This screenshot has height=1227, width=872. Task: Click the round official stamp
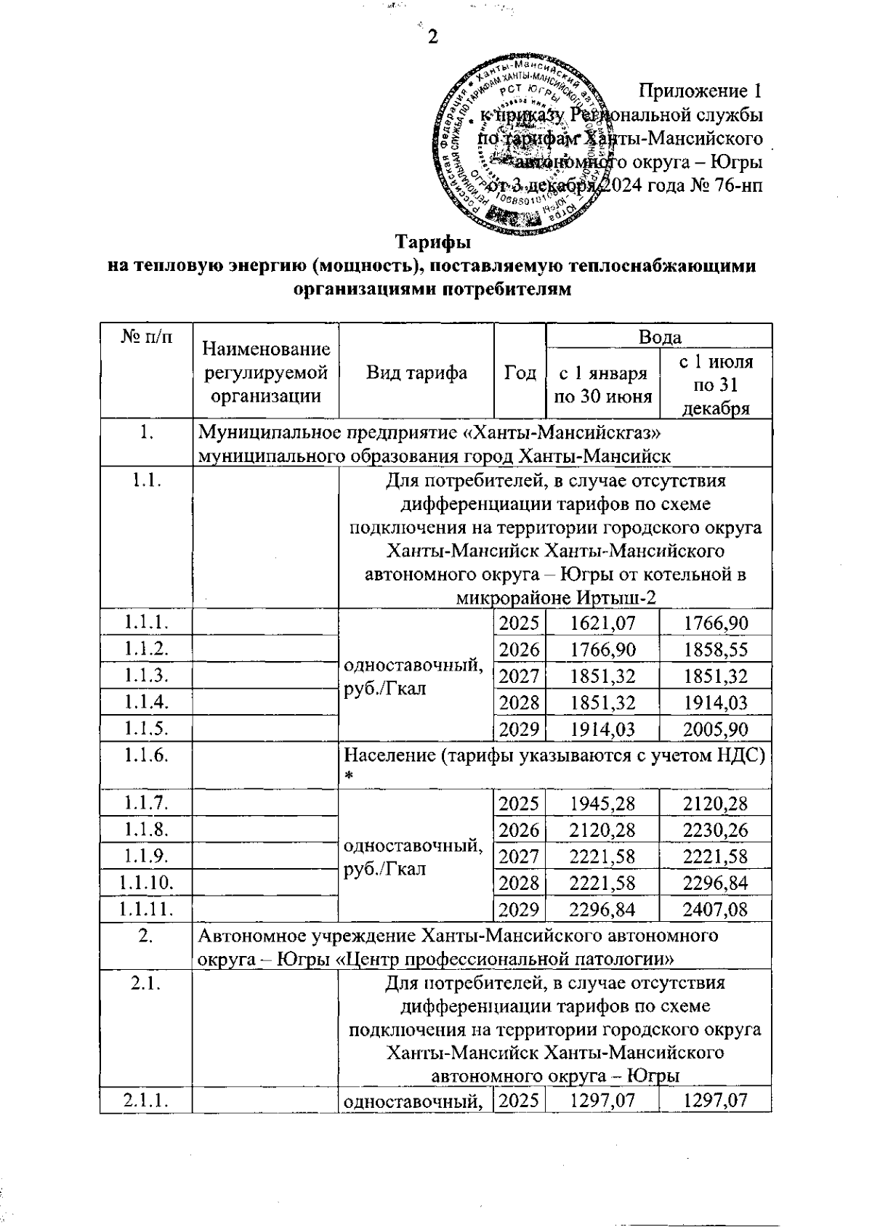521,145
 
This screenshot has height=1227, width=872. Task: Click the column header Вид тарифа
416,373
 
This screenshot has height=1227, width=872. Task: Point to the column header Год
520,373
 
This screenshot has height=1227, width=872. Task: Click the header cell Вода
659,337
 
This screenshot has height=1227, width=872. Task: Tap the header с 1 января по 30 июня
602,385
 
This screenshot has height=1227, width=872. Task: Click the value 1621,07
602,623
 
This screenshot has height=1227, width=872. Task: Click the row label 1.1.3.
147,676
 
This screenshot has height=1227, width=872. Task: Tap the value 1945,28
602,804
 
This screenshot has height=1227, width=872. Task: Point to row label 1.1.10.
147,883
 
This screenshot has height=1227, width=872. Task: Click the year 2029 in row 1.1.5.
520,729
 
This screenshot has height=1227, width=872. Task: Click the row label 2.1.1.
147,1101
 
